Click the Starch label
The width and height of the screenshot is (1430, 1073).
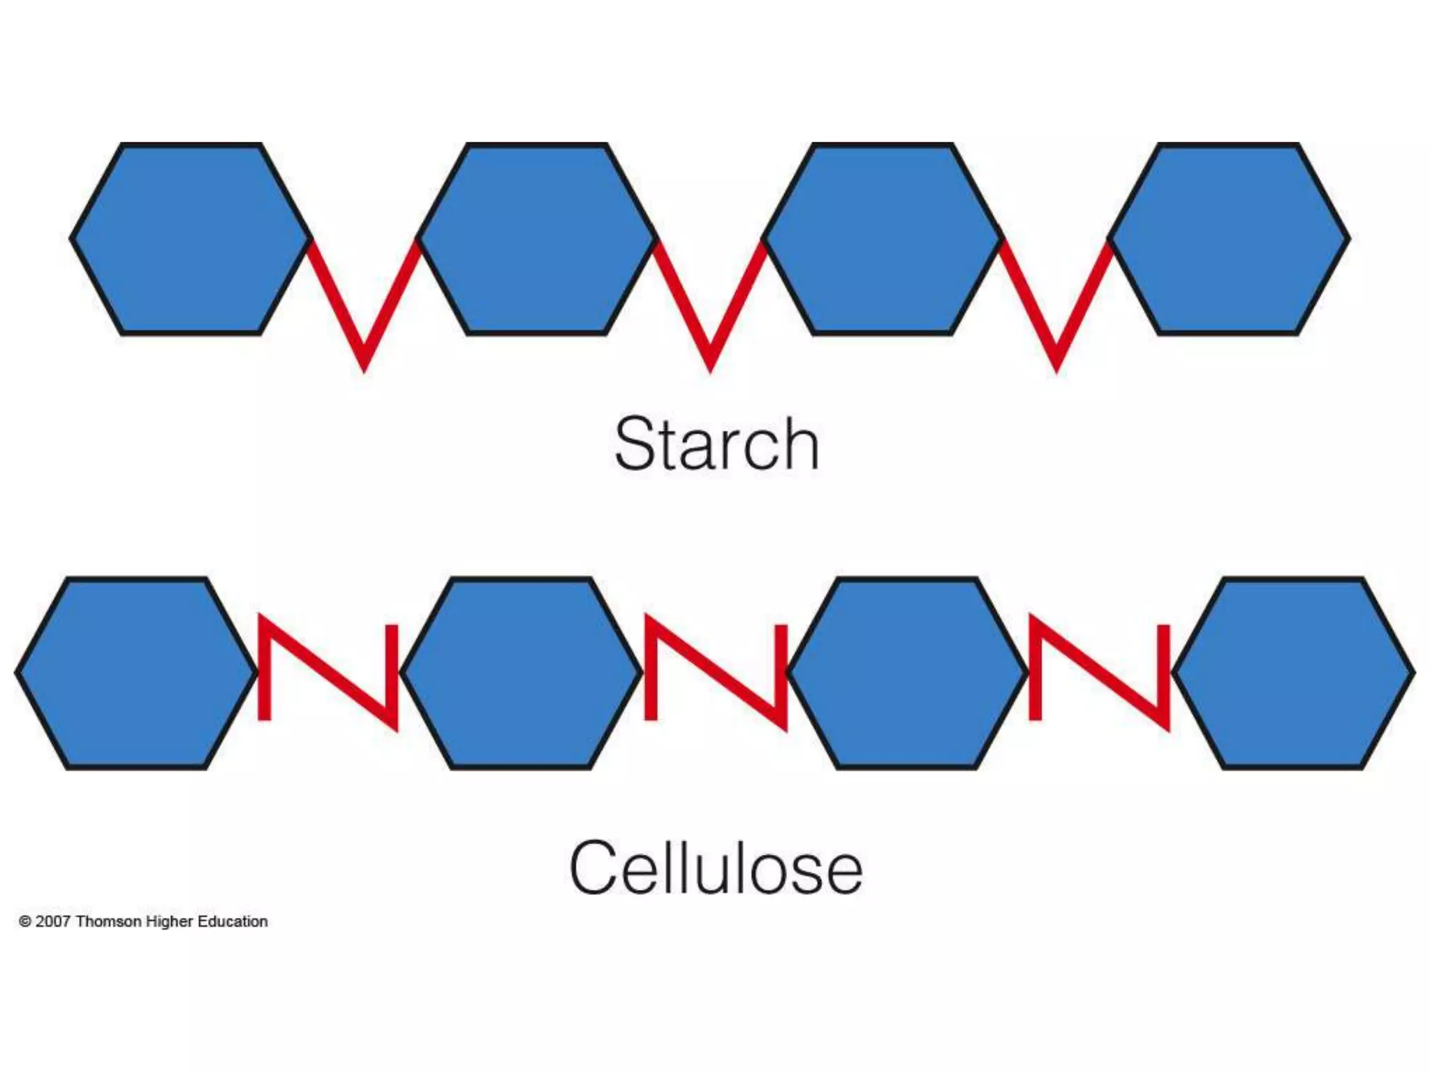[x=716, y=444]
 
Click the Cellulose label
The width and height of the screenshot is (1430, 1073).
[x=716, y=868]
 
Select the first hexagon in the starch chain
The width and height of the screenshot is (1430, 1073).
[x=191, y=239]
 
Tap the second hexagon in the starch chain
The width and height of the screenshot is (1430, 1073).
[x=536, y=239]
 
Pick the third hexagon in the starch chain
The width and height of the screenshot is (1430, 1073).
[x=883, y=239]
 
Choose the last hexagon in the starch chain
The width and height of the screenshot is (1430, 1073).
[x=1229, y=239]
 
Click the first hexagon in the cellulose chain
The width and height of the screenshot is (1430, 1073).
[x=136, y=673]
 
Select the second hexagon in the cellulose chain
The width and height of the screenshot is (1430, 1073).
[x=521, y=673]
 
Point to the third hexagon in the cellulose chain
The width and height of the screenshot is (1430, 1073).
[x=907, y=673]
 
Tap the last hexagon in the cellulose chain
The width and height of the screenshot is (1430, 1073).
[x=1293, y=673]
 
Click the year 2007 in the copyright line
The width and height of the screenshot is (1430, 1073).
[x=53, y=921]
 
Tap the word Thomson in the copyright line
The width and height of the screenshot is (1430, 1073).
[x=108, y=921]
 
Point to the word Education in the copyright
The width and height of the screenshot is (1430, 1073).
[x=233, y=921]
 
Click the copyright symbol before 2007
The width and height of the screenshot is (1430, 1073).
[x=25, y=922]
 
